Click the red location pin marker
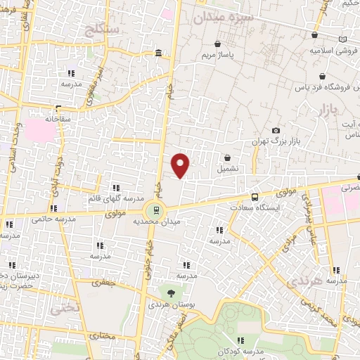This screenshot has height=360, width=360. point(181,166)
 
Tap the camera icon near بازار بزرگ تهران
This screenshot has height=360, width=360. point(276,131)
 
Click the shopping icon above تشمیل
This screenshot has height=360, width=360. point(227,158)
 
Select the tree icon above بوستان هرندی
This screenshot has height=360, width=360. point(171,292)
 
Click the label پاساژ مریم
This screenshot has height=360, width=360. point(217,54)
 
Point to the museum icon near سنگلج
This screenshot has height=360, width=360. point(158,53)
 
